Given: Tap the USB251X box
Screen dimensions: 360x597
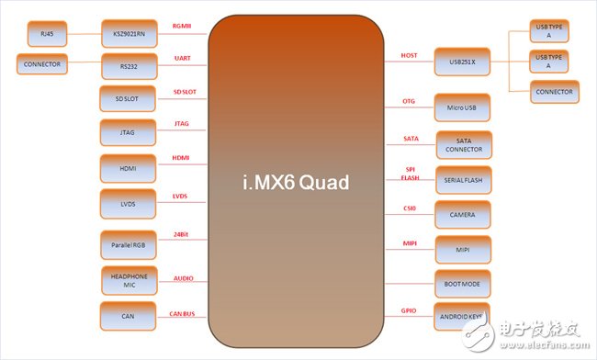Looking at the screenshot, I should (x=463, y=62).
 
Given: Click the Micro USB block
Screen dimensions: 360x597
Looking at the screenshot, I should (x=463, y=107).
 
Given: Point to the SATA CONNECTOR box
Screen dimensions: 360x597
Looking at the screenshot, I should (x=463, y=144).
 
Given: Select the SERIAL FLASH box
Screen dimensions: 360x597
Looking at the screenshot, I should (x=463, y=179).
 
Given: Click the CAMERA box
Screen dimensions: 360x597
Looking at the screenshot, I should (x=463, y=214).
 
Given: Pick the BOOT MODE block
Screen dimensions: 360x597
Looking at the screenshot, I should (x=463, y=285).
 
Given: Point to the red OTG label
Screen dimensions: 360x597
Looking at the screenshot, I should (x=409, y=100).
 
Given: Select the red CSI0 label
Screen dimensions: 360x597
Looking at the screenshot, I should (x=410, y=208).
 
